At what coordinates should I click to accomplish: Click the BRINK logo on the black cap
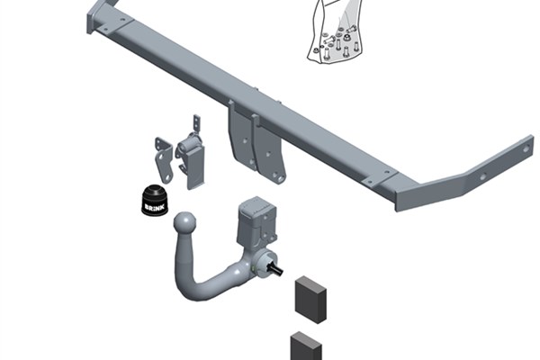point(154,207)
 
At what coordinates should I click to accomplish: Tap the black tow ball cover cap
point(155,201)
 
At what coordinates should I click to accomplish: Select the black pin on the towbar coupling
point(277,269)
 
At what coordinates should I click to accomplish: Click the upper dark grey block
point(310,300)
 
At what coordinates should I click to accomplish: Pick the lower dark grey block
point(306,346)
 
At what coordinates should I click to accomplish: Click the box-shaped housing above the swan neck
point(257,220)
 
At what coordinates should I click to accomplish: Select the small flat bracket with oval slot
point(163,159)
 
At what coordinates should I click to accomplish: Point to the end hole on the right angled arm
point(526,149)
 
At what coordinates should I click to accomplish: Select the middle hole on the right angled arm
point(483,176)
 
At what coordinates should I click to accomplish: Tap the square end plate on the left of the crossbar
point(92,17)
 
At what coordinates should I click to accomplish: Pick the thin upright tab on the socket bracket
point(196,123)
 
